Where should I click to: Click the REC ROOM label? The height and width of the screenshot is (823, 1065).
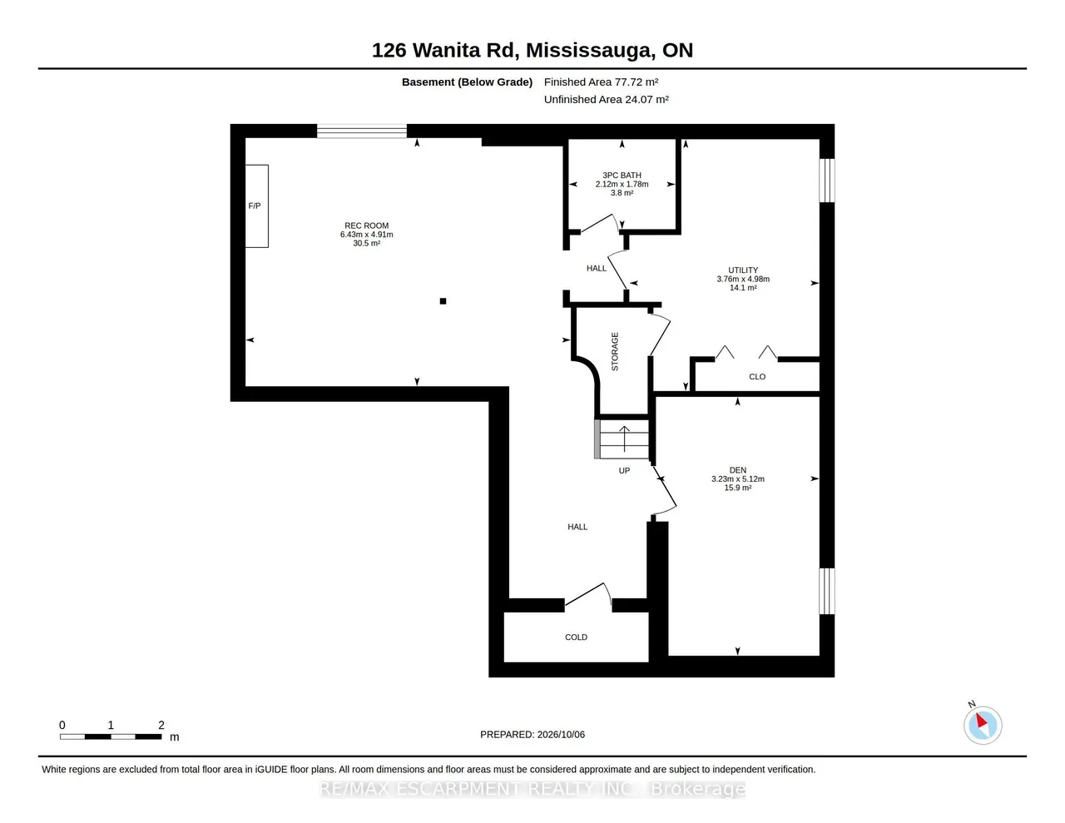(x=366, y=226)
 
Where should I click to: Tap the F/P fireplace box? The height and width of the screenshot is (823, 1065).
(x=256, y=206)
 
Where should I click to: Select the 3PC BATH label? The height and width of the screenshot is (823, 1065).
(x=622, y=175)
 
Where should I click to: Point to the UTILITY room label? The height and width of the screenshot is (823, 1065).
(x=742, y=270)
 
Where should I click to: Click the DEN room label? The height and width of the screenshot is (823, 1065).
(x=738, y=470)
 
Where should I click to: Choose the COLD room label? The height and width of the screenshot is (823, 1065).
(x=576, y=637)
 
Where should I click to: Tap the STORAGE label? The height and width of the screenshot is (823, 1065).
(x=615, y=351)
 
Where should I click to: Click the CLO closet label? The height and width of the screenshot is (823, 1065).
(x=757, y=376)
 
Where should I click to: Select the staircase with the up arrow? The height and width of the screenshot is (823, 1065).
(x=622, y=439)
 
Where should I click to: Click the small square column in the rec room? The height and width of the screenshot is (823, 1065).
(x=443, y=301)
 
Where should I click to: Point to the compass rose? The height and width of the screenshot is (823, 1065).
(x=982, y=725)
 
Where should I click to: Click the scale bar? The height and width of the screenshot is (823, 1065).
(x=111, y=736)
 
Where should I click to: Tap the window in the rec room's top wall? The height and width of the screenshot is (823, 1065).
(x=362, y=131)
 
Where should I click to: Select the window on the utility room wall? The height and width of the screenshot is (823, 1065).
(x=827, y=180)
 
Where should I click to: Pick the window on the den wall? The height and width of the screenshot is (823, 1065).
(x=827, y=591)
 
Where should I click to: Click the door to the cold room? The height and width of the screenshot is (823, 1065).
(x=588, y=597)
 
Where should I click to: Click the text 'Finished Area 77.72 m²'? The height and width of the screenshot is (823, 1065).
(x=601, y=82)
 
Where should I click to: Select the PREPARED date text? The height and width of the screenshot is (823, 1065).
(x=532, y=734)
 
